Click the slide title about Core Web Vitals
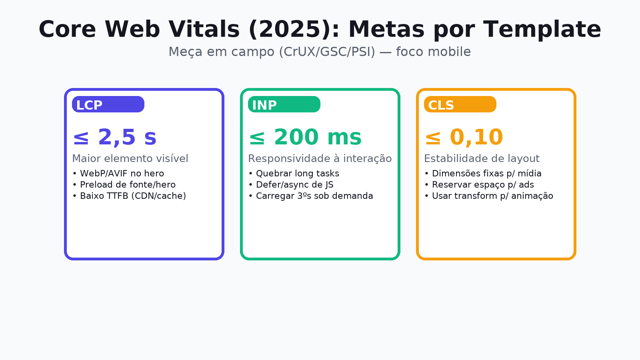point(320,30)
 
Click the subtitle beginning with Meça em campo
point(320,52)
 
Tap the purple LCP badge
point(108,104)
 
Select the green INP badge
point(284,104)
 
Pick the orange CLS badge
point(460,104)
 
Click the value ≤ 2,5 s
point(114,138)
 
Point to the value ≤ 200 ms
point(305,138)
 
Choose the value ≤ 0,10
point(464,138)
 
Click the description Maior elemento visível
point(130,159)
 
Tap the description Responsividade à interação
point(320,159)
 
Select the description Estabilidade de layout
point(482,159)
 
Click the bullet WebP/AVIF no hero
point(118,174)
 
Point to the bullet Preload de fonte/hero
point(124,185)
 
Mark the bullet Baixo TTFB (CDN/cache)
point(129,196)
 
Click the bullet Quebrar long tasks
point(294,174)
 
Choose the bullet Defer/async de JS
point(291,185)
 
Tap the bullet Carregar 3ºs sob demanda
point(311,196)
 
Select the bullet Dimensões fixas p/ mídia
point(483,174)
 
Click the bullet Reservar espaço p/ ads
point(479,185)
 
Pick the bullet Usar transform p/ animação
point(489,196)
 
